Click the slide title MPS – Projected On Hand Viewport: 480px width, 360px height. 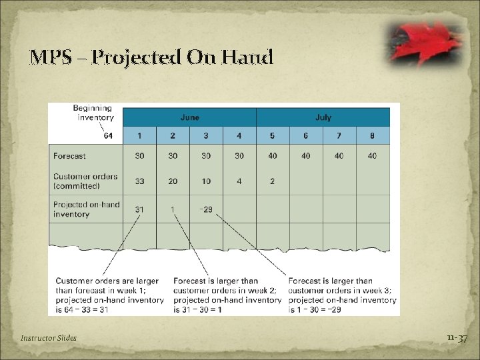tap(151, 57)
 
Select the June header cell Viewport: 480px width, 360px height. tap(189, 117)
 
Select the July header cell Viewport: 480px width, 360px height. tap(323, 117)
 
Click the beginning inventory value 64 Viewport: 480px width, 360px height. tap(109, 136)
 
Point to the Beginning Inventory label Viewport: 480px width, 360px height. tap(93, 113)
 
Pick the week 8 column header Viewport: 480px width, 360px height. tap(372, 136)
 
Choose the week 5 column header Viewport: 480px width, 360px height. tap(272, 136)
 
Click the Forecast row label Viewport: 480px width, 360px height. tap(70, 156)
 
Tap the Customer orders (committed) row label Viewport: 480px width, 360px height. tap(85, 181)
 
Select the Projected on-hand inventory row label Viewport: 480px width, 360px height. tap(86, 209)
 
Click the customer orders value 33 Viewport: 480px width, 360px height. tap(139, 181)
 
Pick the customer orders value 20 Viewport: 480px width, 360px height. tap(173, 181)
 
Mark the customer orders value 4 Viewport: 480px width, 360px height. tap(239, 181)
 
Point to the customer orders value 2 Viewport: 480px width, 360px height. tap(272, 181)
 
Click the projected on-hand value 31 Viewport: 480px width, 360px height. tap(139, 209)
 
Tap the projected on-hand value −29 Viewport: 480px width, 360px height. tap(205, 209)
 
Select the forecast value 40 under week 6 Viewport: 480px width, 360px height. tap(305, 156)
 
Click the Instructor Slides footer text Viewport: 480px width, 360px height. tap(48, 338)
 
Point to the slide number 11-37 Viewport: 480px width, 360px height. tap(457, 339)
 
